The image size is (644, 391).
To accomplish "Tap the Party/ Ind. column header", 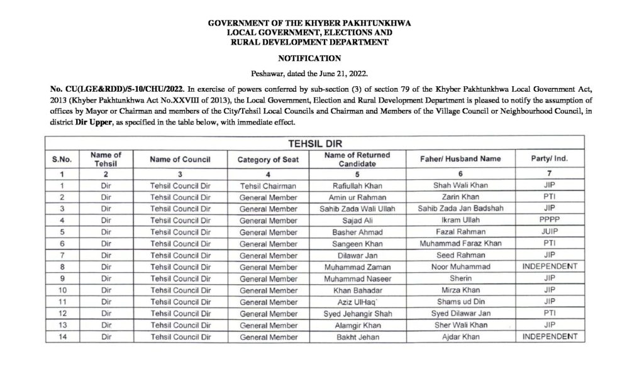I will pos(550,160).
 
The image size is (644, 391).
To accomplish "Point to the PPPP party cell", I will pos(550,219).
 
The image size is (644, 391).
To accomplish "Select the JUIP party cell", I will pos(550,231).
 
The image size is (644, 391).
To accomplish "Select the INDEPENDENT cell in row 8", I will pos(550,266).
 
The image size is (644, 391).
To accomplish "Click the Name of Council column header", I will pos(180,160).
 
